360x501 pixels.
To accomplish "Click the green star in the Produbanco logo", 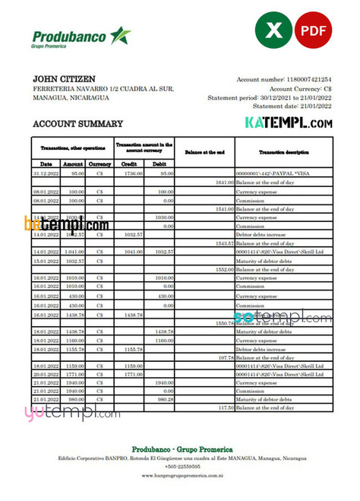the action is pyautogui.click(x=119, y=35).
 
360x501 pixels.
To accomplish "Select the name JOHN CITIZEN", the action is pyautogui.click(x=65, y=78).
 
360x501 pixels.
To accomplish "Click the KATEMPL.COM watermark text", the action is pyautogui.click(x=288, y=122).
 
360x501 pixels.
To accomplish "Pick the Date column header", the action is pyautogui.click(x=46, y=163).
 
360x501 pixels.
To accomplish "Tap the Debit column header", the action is pyautogui.click(x=159, y=163).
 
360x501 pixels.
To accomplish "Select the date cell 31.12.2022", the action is pyautogui.click(x=46, y=173).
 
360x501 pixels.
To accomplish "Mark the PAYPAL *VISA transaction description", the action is pyautogui.click(x=268, y=173).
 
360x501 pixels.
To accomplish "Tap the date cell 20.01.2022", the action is pyautogui.click(x=46, y=373).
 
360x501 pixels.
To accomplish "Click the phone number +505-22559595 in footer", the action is pyautogui.click(x=180, y=465).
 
